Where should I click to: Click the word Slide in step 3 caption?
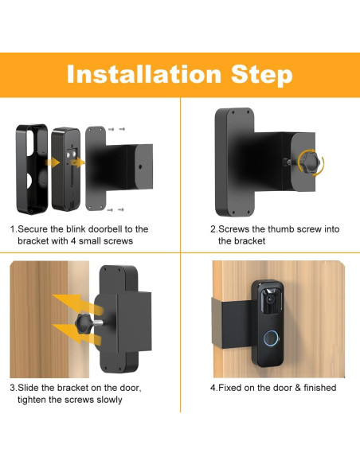(x=33, y=387)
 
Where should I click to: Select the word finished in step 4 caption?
(x=316, y=388)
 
